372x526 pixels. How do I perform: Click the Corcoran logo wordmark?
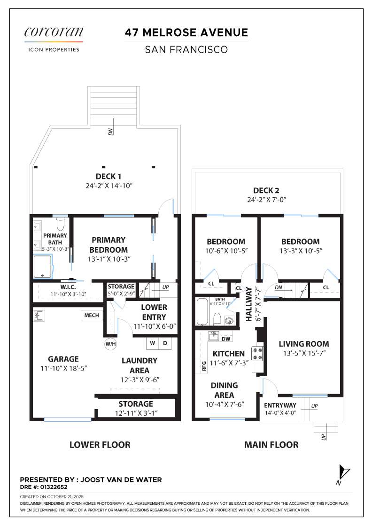tap(54, 32)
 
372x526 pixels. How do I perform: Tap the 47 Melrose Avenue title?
tap(186, 32)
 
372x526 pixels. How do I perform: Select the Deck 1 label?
tap(108, 177)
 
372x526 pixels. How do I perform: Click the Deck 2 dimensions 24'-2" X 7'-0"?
tap(267, 200)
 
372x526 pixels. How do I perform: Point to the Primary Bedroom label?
tap(108, 245)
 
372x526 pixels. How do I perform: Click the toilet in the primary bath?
tap(61, 224)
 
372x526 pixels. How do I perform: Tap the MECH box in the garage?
tap(92, 315)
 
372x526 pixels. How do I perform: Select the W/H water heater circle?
tap(111, 344)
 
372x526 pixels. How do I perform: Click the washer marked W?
tap(153, 343)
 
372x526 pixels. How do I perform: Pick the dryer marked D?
tap(165, 343)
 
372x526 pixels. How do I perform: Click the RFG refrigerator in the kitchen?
tap(203, 366)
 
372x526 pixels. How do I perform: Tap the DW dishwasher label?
tap(226, 339)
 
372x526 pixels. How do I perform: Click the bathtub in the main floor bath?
tap(202, 312)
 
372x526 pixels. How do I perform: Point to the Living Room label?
tap(304, 344)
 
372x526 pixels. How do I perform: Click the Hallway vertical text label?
tap(248, 304)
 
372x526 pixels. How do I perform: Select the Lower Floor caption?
tap(100, 445)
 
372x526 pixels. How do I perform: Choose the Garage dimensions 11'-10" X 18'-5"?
tap(64, 368)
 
